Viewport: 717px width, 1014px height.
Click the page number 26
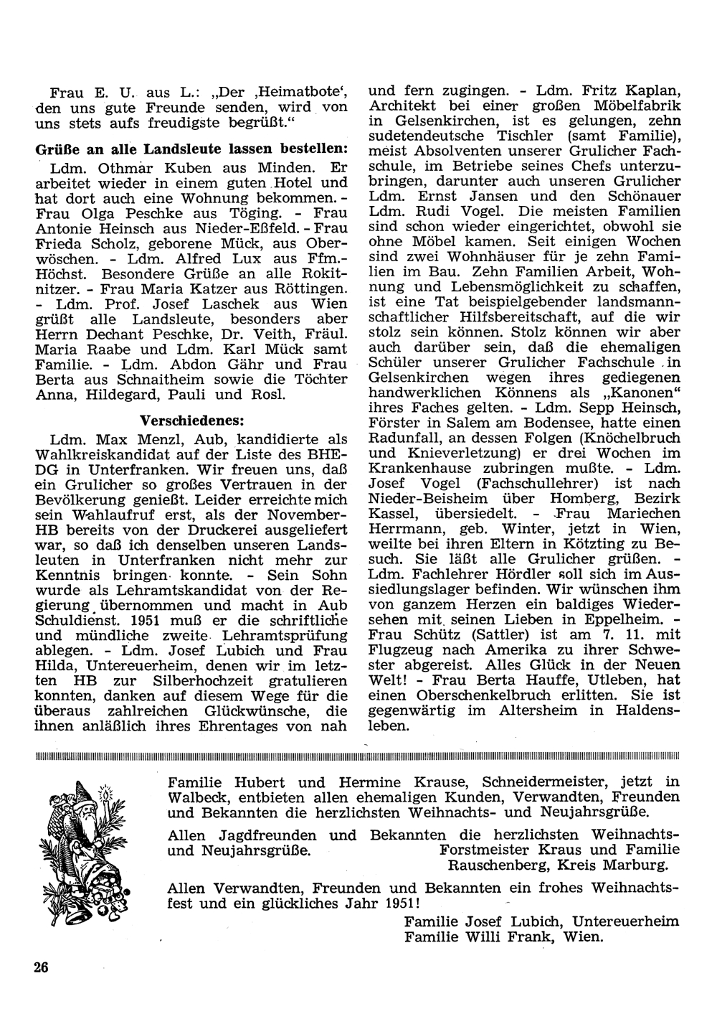pyautogui.click(x=40, y=967)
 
